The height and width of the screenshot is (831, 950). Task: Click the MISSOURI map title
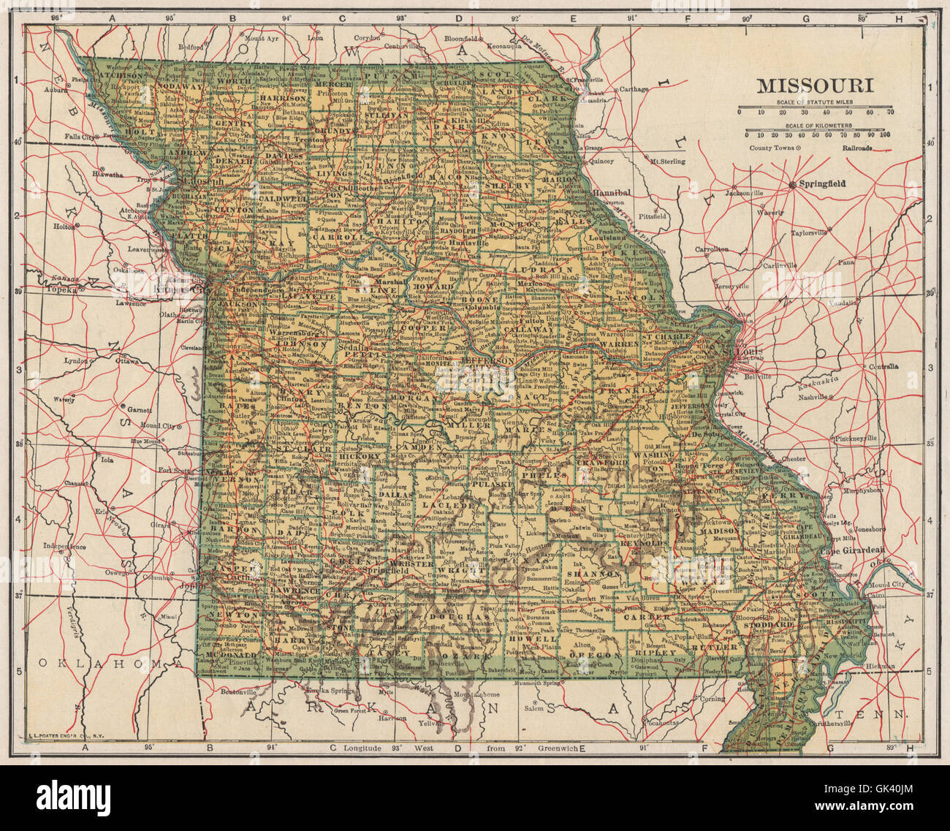click(815, 85)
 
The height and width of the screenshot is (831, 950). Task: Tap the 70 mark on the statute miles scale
click(890, 113)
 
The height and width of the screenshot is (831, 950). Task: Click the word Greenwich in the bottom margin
click(557, 748)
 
